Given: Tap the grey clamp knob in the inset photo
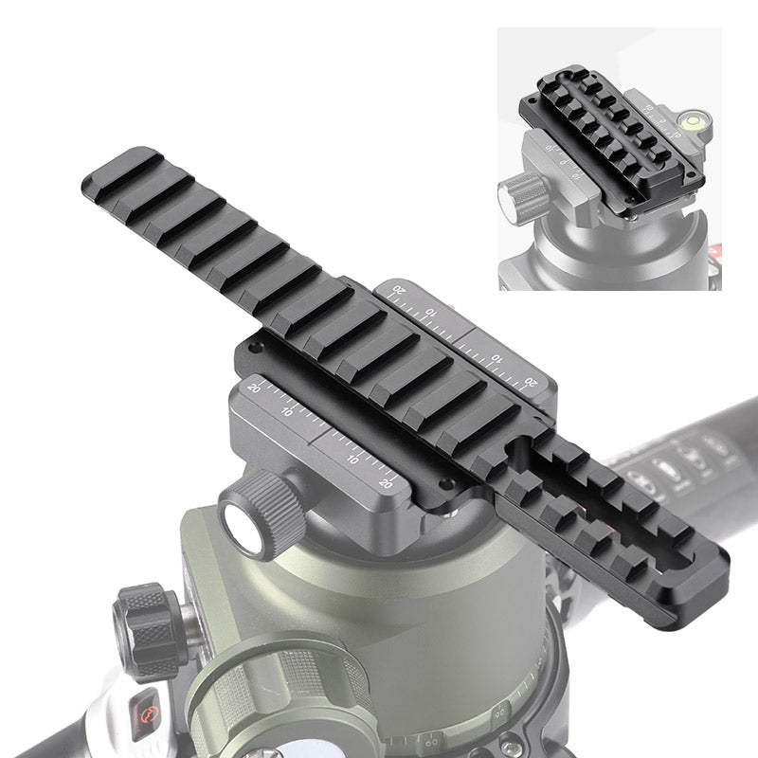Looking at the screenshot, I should tap(520, 194).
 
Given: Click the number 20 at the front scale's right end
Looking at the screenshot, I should tap(386, 482).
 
